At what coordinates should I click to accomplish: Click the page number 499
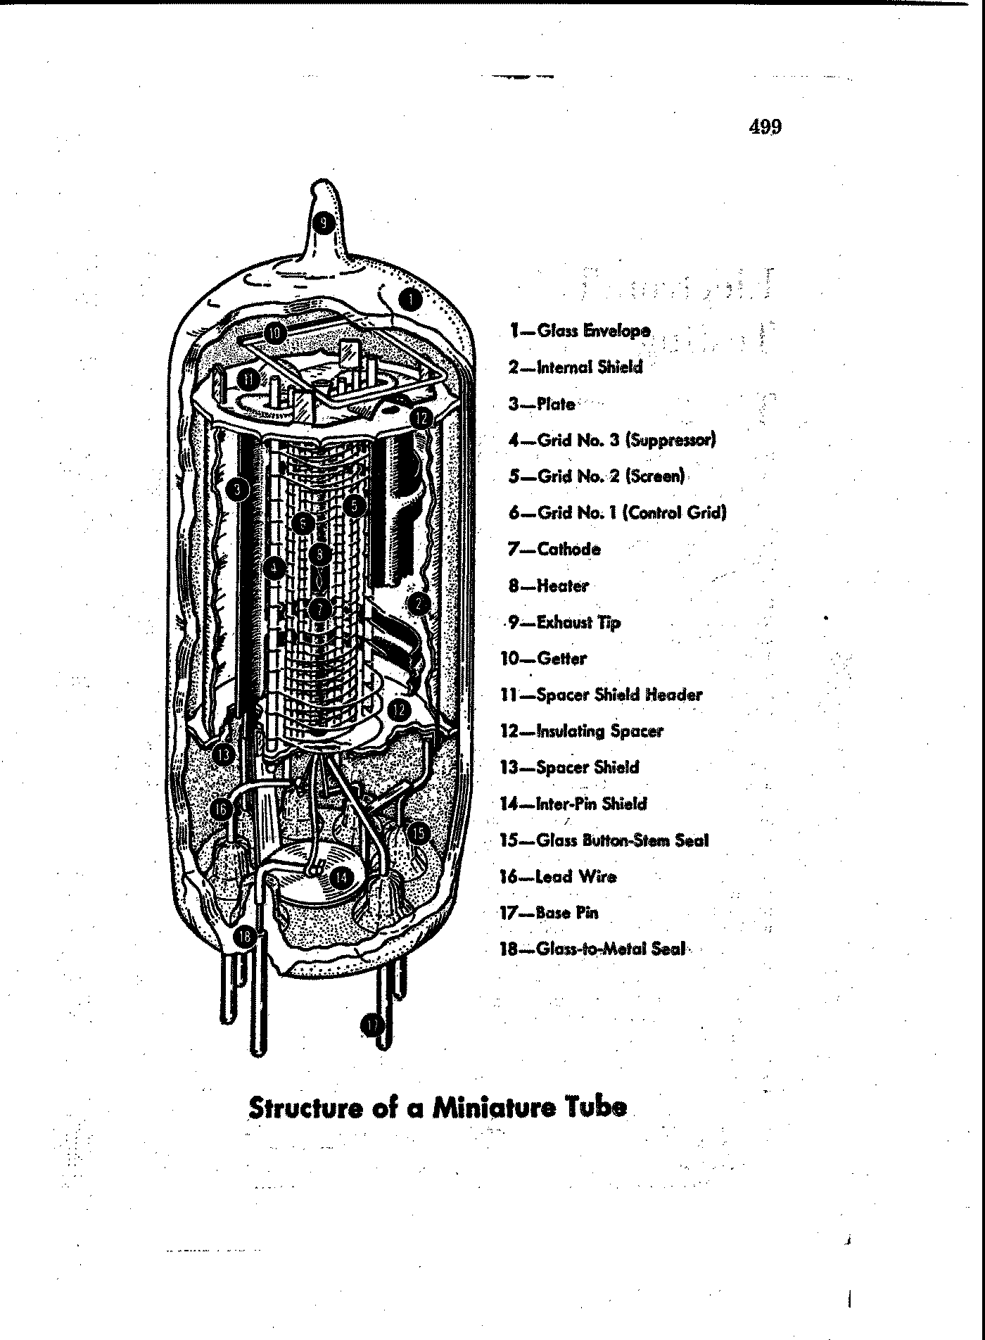click(x=765, y=127)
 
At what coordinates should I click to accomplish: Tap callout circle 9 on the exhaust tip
click(x=323, y=223)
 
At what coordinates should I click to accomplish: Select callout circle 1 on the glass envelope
click(x=411, y=300)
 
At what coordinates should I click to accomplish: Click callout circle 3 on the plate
click(x=239, y=488)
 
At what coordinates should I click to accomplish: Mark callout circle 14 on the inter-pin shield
click(x=341, y=877)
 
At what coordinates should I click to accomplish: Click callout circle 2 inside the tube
click(x=419, y=603)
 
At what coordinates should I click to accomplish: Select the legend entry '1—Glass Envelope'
click(x=580, y=330)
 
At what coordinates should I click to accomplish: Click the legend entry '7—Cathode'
click(x=554, y=549)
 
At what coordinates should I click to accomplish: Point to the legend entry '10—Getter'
click(x=543, y=659)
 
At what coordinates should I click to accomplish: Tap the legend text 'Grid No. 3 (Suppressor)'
click(x=627, y=441)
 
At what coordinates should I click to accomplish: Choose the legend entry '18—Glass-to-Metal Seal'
click(x=592, y=949)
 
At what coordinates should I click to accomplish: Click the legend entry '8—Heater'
click(x=549, y=586)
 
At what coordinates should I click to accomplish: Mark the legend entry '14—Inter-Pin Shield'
click(x=573, y=804)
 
